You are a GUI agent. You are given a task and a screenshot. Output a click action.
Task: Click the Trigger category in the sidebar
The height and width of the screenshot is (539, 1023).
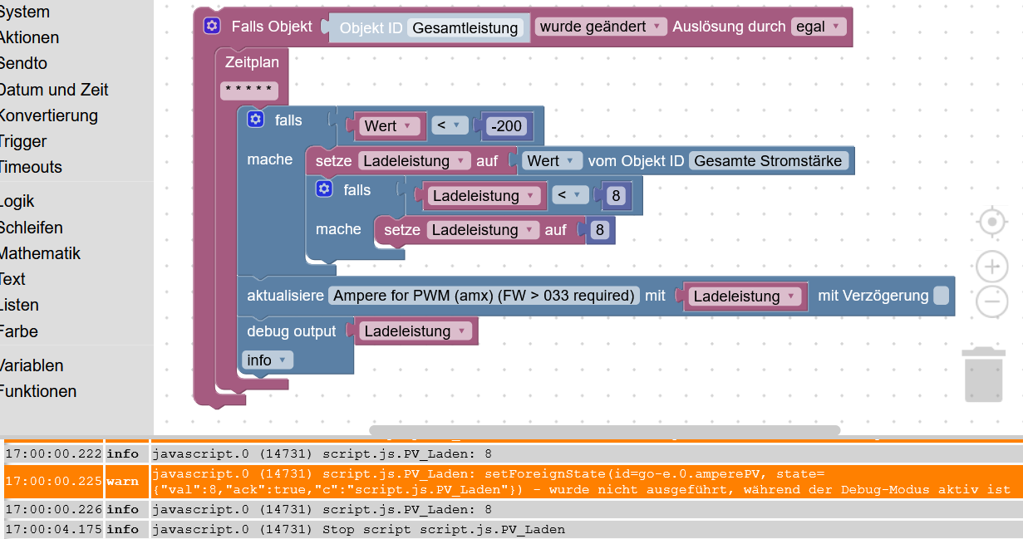pyautogui.click(x=22, y=141)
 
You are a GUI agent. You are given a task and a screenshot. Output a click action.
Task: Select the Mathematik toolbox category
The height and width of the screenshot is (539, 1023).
pyautogui.click(x=40, y=253)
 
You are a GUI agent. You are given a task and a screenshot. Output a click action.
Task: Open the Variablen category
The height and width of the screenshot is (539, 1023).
pyautogui.click(x=32, y=365)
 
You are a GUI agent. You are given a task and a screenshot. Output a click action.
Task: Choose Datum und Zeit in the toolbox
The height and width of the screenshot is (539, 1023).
pyautogui.click(x=54, y=90)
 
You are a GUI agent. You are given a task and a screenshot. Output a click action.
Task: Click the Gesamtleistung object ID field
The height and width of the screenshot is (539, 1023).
pyautogui.click(x=465, y=28)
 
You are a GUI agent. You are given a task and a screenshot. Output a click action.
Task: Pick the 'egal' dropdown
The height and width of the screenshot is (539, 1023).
pyautogui.click(x=818, y=27)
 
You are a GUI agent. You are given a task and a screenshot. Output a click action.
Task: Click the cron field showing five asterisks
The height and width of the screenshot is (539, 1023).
pyautogui.click(x=249, y=91)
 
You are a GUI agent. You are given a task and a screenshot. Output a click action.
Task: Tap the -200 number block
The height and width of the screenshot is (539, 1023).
pyautogui.click(x=506, y=126)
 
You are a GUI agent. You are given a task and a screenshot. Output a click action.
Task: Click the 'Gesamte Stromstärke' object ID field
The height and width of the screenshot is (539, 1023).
pyautogui.click(x=768, y=161)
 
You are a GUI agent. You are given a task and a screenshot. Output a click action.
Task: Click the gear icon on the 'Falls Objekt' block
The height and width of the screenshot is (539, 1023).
pyautogui.click(x=212, y=27)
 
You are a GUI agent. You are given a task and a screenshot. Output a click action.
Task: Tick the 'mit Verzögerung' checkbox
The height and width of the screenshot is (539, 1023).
pyautogui.click(x=940, y=296)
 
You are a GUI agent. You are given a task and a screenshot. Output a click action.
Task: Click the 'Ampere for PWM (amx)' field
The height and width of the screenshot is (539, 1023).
pyautogui.click(x=484, y=296)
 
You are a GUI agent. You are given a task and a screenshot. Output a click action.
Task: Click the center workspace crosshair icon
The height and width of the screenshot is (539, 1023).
pyautogui.click(x=991, y=223)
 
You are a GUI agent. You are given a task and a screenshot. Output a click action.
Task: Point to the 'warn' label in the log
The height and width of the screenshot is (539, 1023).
pyautogui.click(x=122, y=481)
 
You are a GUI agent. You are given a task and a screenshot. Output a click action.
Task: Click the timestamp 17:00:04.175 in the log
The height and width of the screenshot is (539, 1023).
pyautogui.click(x=53, y=529)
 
